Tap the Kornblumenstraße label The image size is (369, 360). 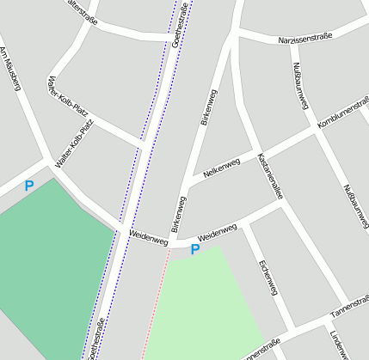point(342,115)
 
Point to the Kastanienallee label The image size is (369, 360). point(270,177)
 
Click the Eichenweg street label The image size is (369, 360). point(268,277)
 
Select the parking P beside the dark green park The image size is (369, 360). point(29,185)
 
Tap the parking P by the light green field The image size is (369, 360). point(195,249)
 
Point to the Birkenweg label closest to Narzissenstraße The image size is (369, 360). point(209,107)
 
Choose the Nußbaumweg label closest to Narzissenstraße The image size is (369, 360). point(300,85)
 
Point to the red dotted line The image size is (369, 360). point(151,309)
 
